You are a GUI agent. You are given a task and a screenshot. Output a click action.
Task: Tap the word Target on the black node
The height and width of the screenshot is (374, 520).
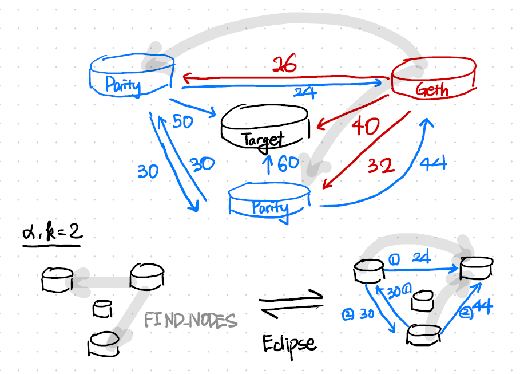(x=263, y=140)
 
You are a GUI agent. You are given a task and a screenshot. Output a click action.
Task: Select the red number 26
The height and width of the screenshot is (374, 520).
(x=284, y=65)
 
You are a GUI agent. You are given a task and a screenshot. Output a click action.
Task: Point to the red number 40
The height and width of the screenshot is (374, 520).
(x=365, y=126)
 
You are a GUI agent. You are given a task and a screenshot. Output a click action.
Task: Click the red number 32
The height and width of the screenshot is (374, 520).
(x=380, y=166)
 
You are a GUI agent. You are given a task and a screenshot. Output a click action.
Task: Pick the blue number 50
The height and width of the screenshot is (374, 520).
(x=182, y=121)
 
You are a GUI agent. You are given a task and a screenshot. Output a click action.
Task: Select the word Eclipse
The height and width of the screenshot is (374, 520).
(x=289, y=343)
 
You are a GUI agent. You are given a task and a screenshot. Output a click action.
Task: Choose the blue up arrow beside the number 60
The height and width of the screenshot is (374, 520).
(x=266, y=164)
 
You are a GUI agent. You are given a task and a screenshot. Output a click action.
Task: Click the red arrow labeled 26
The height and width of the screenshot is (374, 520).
(x=286, y=76)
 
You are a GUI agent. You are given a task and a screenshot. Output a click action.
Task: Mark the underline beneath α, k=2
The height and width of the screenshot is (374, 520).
(x=51, y=246)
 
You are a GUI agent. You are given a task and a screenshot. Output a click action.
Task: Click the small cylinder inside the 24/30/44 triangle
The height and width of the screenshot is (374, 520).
(x=422, y=299)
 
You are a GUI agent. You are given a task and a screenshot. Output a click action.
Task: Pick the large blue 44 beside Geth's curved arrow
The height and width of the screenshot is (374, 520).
(x=433, y=164)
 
